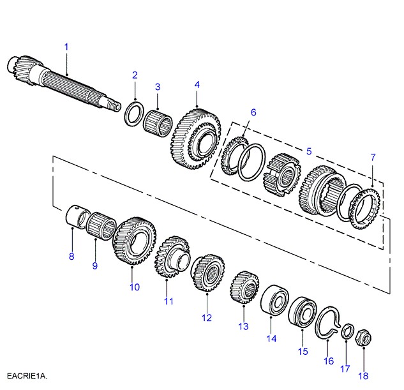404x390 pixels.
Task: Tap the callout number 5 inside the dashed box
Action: point(308,151)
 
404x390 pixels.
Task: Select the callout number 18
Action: point(364,376)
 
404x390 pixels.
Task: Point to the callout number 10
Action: point(134,287)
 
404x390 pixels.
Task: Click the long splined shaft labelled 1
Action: point(64,83)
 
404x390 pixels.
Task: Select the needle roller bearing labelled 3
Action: point(158,121)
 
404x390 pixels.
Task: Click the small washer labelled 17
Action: point(347,331)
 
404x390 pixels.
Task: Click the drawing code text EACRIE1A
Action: point(27,375)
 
